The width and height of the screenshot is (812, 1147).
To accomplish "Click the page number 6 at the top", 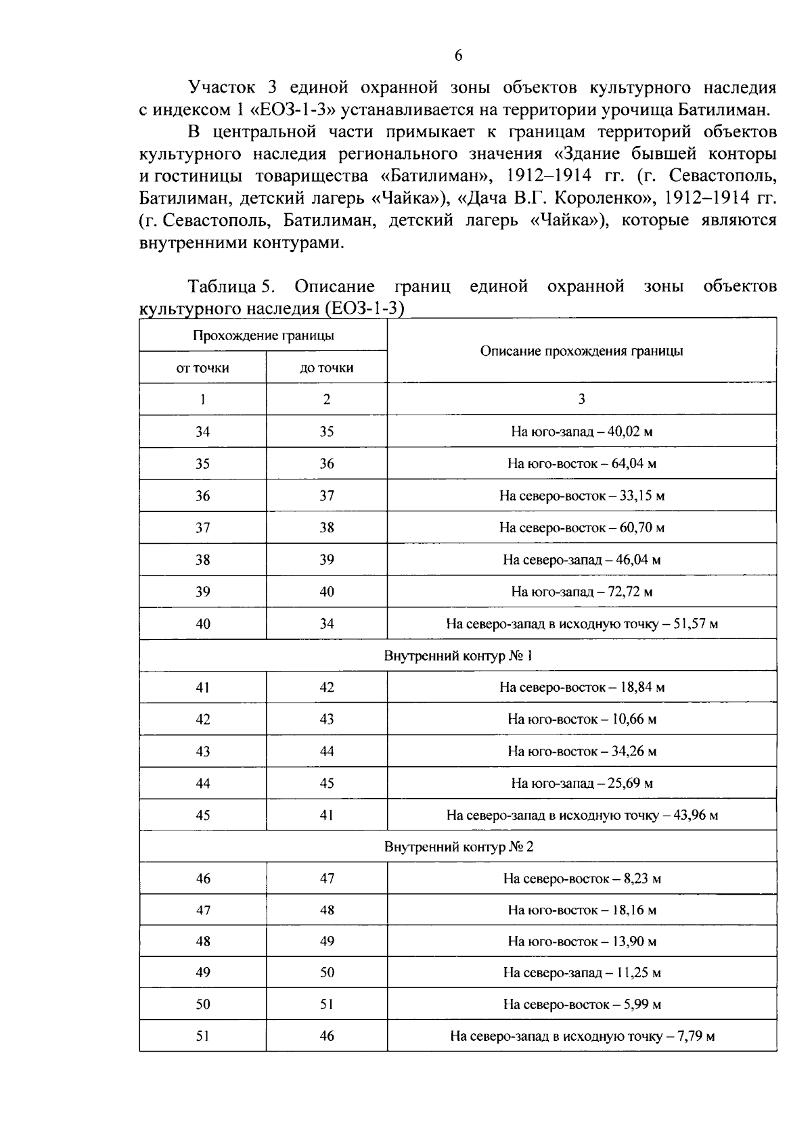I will point(458,56).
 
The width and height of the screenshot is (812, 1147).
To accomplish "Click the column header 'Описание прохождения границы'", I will point(581,351).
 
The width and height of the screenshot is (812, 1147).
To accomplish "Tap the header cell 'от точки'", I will point(202,368).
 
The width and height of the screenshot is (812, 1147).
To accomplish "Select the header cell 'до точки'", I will point(326,368).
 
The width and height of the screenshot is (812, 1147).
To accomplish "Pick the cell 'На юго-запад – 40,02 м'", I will point(581,431).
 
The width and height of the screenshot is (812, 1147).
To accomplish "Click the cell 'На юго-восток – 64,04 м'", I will point(581,464).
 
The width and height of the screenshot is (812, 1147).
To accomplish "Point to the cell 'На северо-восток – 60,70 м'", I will point(581,528).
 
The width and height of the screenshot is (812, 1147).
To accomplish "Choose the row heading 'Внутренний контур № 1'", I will point(458,656).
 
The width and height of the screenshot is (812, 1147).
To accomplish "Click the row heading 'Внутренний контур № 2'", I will point(458,847).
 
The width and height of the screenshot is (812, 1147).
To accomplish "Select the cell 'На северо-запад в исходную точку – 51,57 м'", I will point(581,624).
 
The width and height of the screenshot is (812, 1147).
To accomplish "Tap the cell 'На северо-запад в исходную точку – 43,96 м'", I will point(581,816).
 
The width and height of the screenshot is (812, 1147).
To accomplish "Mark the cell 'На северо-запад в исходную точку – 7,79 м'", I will point(581,1036).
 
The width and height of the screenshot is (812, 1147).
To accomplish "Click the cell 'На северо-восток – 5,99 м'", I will point(581,1005).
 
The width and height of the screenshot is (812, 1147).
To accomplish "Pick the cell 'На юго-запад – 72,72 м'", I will point(581,592).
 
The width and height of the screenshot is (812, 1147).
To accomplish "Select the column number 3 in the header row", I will point(581,399).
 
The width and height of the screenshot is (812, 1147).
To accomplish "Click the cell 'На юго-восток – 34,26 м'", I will point(581,751).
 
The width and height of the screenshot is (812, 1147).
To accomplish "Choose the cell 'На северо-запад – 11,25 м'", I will point(581,973).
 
